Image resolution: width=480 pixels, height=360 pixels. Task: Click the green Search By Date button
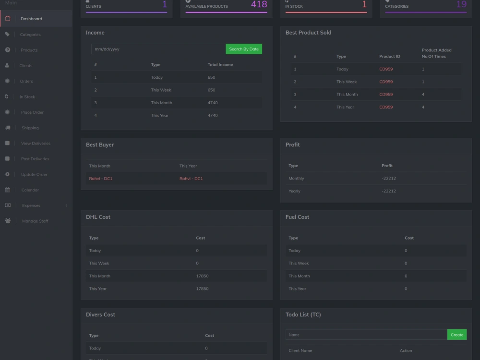pyautogui.click(x=244, y=49)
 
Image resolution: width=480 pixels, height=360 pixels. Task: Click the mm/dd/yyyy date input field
pyautogui.click(x=158, y=49)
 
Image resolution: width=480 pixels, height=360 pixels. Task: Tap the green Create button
pyautogui.click(x=457, y=335)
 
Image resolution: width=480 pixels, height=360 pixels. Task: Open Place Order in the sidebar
pyautogui.click(x=32, y=112)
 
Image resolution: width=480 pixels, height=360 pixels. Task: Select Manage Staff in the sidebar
pyautogui.click(x=35, y=221)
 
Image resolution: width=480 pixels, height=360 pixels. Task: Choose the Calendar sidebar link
pyautogui.click(x=30, y=190)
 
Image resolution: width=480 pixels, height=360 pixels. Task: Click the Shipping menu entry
pyautogui.click(x=30, y=128)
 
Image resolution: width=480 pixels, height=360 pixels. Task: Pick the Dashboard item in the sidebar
pyautogui.click(x=31, y=19)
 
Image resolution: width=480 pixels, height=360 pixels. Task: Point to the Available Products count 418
pyautogui.click(x=259, y=5)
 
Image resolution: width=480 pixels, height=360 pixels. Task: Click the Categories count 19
pyautogui.click(x=461, y=5)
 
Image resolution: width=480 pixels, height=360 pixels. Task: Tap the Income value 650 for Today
pyautogui.click(x=212, y=77)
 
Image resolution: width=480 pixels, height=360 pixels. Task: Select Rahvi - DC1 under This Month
pyautogui.click(x=101, y=179)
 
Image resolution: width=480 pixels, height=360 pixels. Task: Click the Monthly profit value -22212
pyautogui.click(x=389, y=179)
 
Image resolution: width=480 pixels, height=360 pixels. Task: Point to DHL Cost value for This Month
pyautogui.click(x=202, y=276)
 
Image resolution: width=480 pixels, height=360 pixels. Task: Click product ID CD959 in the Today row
pyautogui.click(x=386, y=69)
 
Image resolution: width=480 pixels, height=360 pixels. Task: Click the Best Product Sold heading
pyautogui.click(x=308, y=33)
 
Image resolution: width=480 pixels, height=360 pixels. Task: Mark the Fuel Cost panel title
pyautogui.click(x=297, y=217)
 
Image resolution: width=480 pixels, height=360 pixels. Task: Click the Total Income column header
pyautogui.click(x=220, y=65)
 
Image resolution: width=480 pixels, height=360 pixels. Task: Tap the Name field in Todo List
pyautogui.click(x=366, y=335)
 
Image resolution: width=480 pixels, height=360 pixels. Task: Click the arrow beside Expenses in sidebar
pyautogui.click(x=66, y=205)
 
